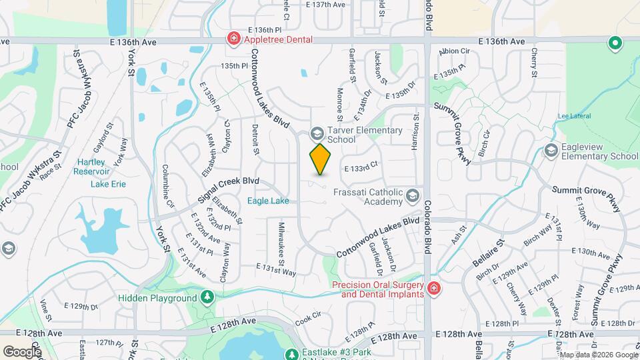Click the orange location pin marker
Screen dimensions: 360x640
(321, 159)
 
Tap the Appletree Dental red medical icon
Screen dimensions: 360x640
(233, 39)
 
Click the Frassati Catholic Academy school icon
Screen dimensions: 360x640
(413, 196)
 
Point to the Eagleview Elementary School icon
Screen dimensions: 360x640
(551, 151)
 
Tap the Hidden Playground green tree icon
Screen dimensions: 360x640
(207, 297)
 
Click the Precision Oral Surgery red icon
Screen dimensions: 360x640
(434, 289)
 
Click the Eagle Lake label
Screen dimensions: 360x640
(268, 200)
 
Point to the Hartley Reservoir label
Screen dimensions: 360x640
(91, 167)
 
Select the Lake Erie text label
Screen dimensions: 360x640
(108, 184)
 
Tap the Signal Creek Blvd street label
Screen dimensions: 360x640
(229, 191)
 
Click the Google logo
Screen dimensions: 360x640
(22, 351)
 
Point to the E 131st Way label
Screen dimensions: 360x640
(278, 271)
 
